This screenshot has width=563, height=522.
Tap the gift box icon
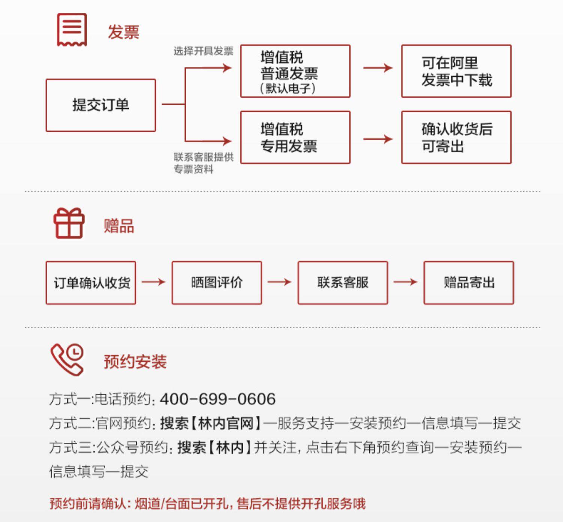[x=69, y=223]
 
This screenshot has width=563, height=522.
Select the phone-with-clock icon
[x=67, y=360]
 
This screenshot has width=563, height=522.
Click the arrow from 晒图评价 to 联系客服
[x=280, y=282]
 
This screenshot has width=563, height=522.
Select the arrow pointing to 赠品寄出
[x=406, y=282]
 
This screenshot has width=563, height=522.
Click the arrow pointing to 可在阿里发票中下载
[x=378, y=68]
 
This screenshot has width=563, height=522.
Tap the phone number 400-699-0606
[x=218, y=399]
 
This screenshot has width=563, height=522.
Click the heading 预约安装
[x=135, y=361]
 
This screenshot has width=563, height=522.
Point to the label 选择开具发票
[x=203, y=51]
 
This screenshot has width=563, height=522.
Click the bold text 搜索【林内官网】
[x=210, y=423]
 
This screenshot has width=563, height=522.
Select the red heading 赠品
[x=119, y=226]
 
